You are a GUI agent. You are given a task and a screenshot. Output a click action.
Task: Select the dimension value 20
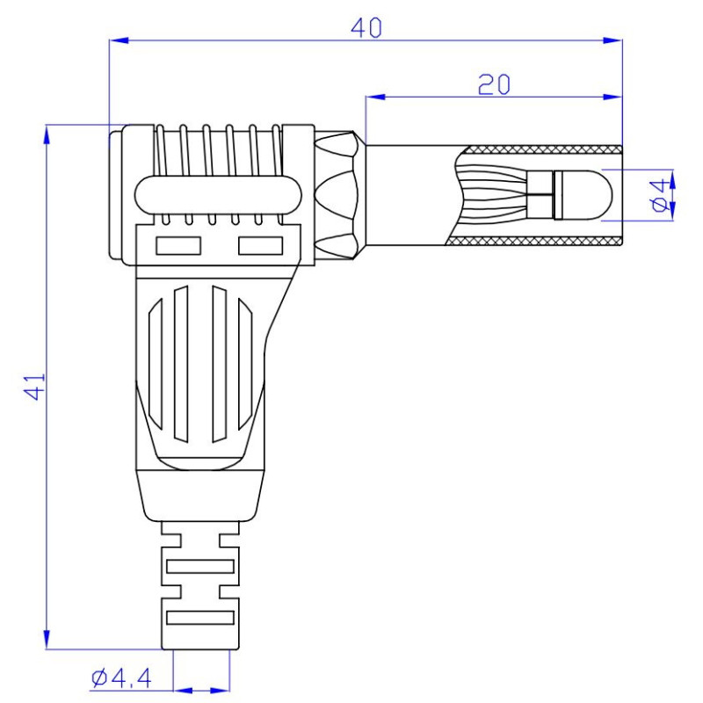tap(495, 84)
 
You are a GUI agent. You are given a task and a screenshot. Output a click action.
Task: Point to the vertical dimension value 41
tap(33, 386)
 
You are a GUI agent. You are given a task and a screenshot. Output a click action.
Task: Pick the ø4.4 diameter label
tap(122, 678)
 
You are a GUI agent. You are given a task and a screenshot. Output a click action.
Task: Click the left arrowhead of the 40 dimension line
tap(117, 40)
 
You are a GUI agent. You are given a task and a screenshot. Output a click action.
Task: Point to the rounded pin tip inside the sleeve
tap(589, 193)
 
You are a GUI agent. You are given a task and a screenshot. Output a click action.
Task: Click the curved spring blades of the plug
tap(496, 193)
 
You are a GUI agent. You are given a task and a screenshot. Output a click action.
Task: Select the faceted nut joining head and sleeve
tap(337, 195)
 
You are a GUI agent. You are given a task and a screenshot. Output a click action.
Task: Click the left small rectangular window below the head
tap(178, 246)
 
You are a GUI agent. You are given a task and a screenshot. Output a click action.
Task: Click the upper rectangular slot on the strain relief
tap(201, 567)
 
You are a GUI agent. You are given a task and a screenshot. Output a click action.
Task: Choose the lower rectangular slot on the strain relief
tap(201, 617)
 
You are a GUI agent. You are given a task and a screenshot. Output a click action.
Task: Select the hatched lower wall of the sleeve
tap(536, 242)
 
